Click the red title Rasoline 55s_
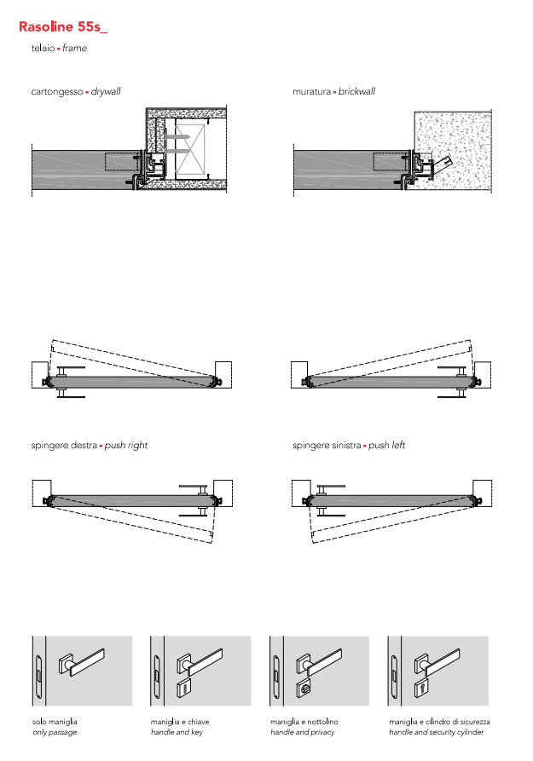pos(63,26)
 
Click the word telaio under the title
pos(43,49)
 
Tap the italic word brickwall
pos(356,91)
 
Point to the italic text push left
pos(386,446)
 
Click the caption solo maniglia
pos(55,722)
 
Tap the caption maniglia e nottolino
pos(304,722)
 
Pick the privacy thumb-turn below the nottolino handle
pos(302,686)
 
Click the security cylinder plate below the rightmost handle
pos(420,686)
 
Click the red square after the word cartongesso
pos(87,92)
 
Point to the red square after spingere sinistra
pos(364,447)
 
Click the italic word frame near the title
pos(75,49)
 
